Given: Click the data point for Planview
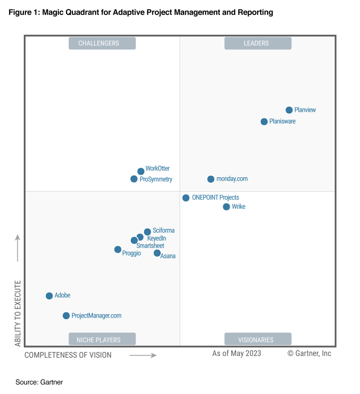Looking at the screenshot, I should pos(289,110).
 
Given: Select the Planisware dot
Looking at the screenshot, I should pos(264,121).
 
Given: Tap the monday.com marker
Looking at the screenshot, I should pos(211,179).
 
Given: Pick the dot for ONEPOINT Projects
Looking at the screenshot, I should pos(186,198).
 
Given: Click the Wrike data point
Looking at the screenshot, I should pos(226,207).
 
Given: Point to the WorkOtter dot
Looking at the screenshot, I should pos(141,171).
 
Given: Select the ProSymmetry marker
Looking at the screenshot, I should pos(134,179).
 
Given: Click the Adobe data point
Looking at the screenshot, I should pos(49,296).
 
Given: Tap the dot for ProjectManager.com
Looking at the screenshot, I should pos(66,316).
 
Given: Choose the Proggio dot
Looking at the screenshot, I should pos(118,249).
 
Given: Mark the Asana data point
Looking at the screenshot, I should pos(157,253).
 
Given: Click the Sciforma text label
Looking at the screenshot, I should pos(163,231).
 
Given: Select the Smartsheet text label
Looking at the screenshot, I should pos(150,246).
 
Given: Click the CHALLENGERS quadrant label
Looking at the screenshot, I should pos(102,43).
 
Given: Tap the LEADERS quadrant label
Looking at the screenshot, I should pos(258,43).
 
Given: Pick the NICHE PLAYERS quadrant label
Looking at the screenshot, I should pos(102,340).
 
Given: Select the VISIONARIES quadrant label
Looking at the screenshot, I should pos(258,340).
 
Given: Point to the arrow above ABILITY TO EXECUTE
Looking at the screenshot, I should pos(17,248).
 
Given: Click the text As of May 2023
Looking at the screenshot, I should pos(236,354).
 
